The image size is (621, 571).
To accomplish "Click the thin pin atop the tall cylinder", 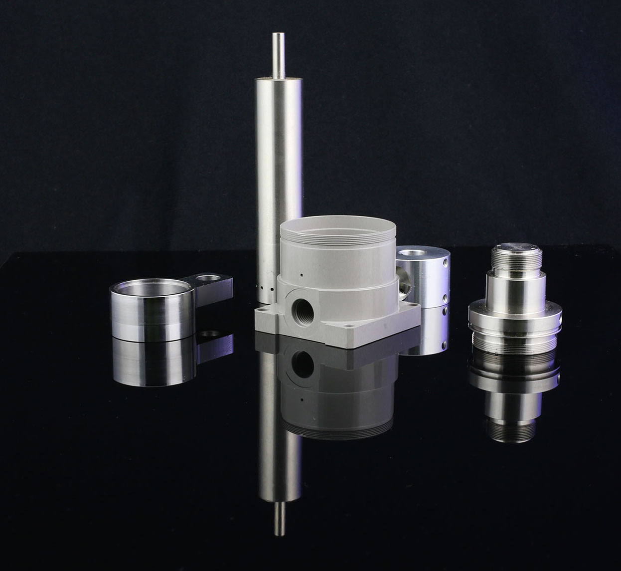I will click(x=278, y=54).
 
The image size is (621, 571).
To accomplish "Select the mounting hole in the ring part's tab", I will click(x=207, y=277).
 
